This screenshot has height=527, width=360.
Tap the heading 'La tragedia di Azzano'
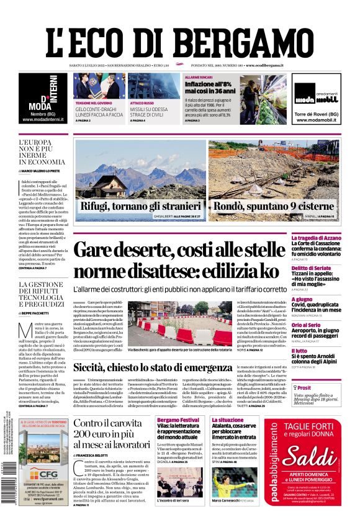[x=333, y=238]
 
